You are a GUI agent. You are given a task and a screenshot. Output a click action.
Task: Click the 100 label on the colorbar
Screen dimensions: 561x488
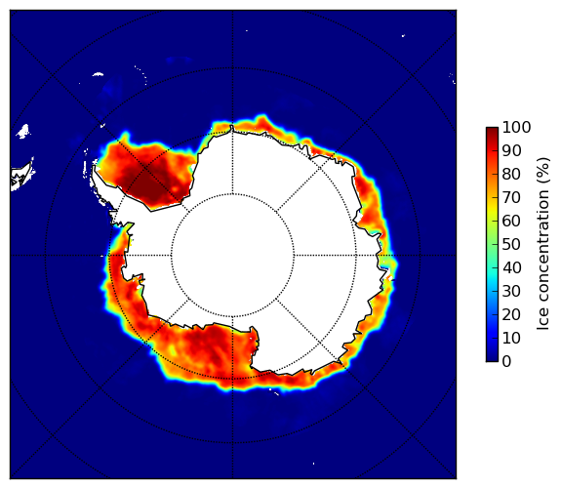516,127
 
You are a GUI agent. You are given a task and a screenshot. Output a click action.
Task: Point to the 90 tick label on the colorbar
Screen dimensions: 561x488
511,150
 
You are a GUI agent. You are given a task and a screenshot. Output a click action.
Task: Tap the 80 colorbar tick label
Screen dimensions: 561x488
511,174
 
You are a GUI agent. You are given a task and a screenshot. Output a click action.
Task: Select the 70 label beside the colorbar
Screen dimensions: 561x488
511,197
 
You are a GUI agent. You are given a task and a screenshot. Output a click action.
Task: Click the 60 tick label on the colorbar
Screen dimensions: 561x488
511,221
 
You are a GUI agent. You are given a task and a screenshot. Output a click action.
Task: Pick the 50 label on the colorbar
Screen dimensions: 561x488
511,244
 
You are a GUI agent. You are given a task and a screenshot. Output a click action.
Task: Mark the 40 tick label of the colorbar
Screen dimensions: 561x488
511,267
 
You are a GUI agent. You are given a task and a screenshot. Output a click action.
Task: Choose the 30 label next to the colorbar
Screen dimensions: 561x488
511,291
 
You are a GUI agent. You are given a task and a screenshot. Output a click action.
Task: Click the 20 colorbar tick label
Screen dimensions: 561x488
511,314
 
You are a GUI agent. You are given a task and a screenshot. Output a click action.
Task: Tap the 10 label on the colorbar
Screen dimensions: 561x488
511,338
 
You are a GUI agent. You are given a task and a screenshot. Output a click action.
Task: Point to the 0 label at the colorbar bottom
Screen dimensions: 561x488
507,361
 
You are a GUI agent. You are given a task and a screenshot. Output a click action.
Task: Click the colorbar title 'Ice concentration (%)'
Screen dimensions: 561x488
543,244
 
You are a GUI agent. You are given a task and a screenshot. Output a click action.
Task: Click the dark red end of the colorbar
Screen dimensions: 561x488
492,130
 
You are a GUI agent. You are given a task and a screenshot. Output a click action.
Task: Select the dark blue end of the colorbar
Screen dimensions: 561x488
492,359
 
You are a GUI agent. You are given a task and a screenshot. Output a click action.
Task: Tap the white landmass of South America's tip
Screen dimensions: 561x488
20,178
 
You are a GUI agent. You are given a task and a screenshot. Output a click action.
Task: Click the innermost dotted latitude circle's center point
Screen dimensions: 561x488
232,256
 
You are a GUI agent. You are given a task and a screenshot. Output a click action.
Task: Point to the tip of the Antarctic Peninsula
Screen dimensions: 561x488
94,167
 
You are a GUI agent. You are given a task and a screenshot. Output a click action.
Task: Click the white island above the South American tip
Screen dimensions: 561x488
23,131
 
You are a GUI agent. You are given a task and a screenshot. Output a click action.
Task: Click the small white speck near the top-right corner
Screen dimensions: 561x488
403,35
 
